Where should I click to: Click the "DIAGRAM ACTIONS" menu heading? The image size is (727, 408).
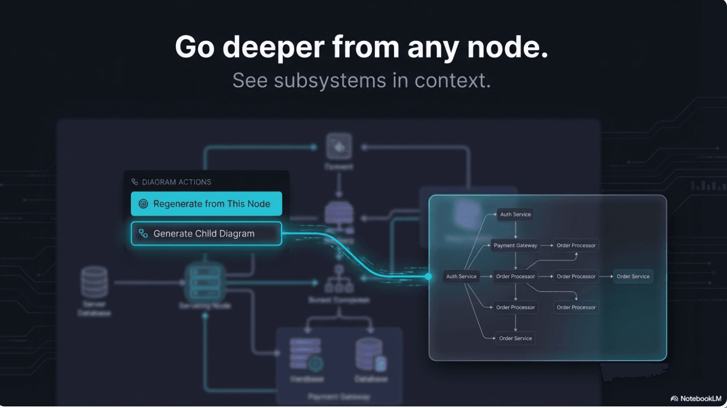[176, 182]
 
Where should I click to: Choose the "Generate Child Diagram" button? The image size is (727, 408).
[206, 234]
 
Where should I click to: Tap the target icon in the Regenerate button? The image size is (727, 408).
[143, 204]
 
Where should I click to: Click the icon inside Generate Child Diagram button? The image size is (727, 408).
[143, 234]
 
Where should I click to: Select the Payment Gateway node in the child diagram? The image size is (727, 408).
[515, 246]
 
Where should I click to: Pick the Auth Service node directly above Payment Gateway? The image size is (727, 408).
[515, 214]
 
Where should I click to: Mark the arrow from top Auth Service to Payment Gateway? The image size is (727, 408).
[515, 230]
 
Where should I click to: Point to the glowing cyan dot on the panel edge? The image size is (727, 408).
[428, 277]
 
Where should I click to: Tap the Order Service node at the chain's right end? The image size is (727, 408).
[633, 277]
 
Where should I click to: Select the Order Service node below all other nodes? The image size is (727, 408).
[515, 338]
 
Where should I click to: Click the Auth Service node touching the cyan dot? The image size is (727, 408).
[461, 277]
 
